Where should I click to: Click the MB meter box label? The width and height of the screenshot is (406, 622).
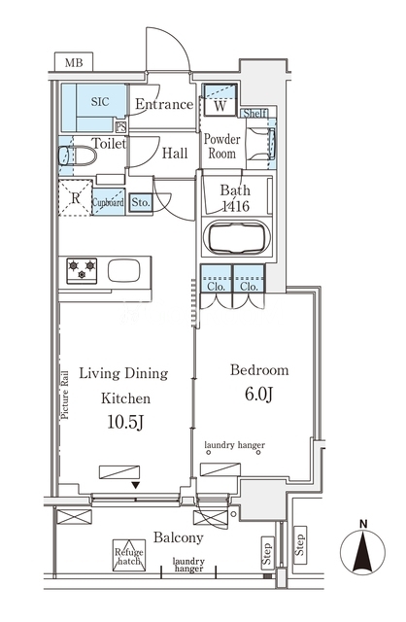pyautogui.click(x=74, y=62)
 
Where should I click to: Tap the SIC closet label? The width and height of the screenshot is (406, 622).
pyautogui.click(x=100, y=101)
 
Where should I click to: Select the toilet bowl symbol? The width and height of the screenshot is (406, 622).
pyautogui.click(x=78, y=155)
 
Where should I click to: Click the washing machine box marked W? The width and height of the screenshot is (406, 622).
pyautogui.click(x=220, y=99)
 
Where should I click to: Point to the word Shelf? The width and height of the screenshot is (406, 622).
pyautogui.click(x=254, y=114)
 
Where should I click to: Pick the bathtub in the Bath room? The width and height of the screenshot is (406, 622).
pyautogui.click(x=237, y=237)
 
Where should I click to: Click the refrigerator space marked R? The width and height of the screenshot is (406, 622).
pyautogui.click(x=76, y=197)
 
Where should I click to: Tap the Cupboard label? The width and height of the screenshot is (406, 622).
pyautogui.click(x=108, y=202)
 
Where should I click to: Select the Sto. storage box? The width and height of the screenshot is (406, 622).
pyautogui.click(x=141, y=203)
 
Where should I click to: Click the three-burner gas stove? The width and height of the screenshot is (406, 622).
pyautogui.click(x=82, y=270)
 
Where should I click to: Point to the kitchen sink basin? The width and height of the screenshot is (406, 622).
pyautogui.click(x=123, y=271)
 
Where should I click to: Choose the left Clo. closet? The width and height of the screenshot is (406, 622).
pyautogui.click(x=217, y=279)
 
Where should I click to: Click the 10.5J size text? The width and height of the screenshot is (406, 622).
pyautogui.click(x=125, y=423)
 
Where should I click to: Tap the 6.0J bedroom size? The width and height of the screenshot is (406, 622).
pyautogui.click(x=259, y=394)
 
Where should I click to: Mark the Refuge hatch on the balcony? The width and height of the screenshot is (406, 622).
pyautogui.click(x=129, y=555)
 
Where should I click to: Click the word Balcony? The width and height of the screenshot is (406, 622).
pyautogui.click(x=179, y=537)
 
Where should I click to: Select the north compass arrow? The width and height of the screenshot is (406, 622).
pyautogui.click(x=363, y=550)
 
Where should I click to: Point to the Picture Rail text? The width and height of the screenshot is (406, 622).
pyautogui.click(x=65, y=395)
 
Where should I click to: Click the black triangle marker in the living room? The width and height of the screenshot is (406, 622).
pyautogui.click(x=136, y=485)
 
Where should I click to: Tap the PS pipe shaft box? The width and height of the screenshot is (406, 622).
pyautogui.click(x=121, y=127)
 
